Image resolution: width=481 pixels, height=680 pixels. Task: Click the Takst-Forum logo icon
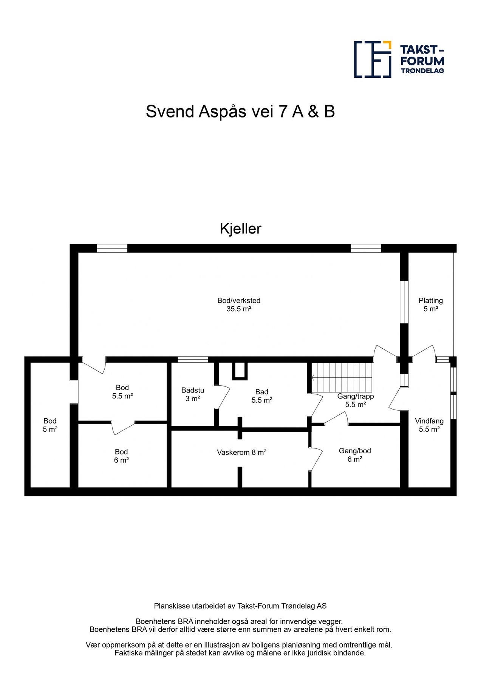[x=372, y=59]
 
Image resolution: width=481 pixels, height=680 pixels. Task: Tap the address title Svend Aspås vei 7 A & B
[x=240, y=111]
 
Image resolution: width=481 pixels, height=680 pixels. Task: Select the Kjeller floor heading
[x=240, y=229]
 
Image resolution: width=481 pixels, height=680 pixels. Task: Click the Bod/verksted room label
[x=239, y=301]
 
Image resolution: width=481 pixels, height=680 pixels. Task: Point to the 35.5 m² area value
[x=239, y=309]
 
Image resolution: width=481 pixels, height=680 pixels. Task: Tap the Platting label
[x=430, y=301]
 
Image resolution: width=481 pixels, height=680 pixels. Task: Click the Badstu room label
[x=193, y=390]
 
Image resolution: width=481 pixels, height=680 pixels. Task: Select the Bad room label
[x=262, y=392]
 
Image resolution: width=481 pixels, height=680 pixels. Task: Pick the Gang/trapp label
[x=356, y=396]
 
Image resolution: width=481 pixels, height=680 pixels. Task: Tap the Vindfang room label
[x=429, y=421]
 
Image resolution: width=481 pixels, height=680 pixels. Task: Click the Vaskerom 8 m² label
[x=242, y=453]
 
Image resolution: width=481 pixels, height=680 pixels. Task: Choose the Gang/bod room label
[x=355, y=451]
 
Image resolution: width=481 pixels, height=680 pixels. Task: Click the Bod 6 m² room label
[x=121, y=456]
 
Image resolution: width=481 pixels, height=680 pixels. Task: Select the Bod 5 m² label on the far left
[x=50, y=425]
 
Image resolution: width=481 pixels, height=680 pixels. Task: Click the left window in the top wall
[x=112, y=248]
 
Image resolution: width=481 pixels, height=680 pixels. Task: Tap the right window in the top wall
[x=366, y=248]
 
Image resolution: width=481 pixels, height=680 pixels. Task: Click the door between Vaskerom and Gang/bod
[x=316, y=459]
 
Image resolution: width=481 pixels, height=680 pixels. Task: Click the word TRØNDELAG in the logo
[x=422, y=71]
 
